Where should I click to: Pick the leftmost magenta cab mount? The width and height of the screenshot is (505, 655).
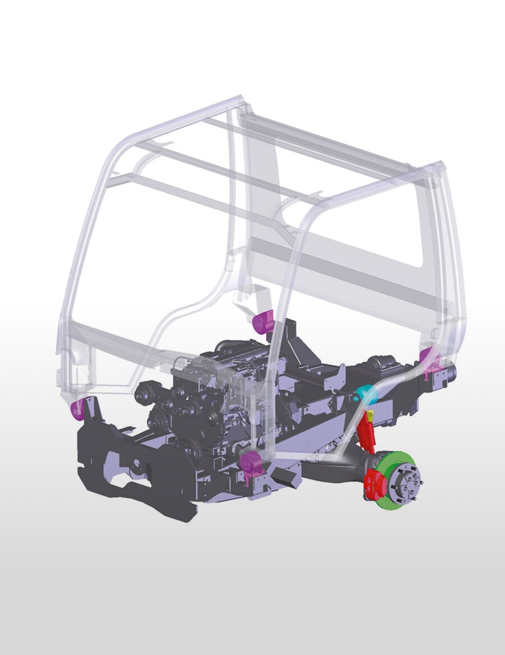tap(77, 409)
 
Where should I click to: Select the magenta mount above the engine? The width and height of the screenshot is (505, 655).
tap(263, 322)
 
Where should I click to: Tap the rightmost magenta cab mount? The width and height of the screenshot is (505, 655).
tap(430, 356)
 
